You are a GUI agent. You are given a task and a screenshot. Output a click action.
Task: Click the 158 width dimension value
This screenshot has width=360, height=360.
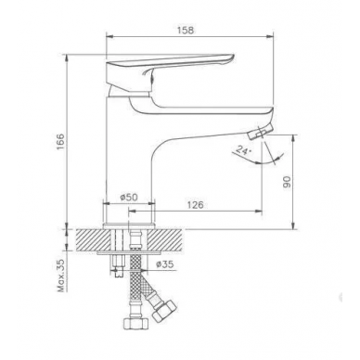tap(186, 31)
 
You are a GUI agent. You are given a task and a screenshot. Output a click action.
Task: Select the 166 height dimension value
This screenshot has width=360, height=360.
tap(60, 142)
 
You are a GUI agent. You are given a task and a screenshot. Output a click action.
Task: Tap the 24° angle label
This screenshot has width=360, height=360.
tap(242, 150)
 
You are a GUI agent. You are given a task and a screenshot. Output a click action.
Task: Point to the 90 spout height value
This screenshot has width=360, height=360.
tap(287, 182)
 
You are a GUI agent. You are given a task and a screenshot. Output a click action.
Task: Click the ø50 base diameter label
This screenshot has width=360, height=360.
tap(129, 197)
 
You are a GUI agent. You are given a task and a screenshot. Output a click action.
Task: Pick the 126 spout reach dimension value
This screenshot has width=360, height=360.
tap(195, 205)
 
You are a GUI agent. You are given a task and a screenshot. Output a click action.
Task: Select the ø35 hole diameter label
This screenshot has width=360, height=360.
tap(165, 264)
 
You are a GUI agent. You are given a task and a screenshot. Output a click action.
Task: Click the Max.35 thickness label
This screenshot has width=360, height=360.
tap(62, 276)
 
